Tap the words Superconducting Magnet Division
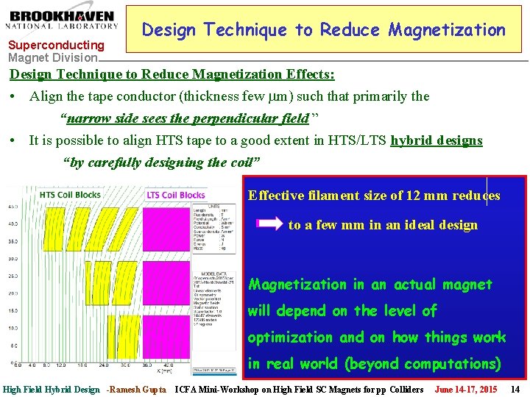[x=55, y=51]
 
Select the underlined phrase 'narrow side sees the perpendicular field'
[x=187, y=118]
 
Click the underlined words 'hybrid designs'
[x=437, y=140]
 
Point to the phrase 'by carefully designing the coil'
[x=163, y=162]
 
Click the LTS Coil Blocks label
[x=176, y=195]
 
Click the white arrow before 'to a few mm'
[x=268, y=223]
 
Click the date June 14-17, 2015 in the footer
[x=465, y=389]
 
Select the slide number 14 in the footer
[x=515, y=389]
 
